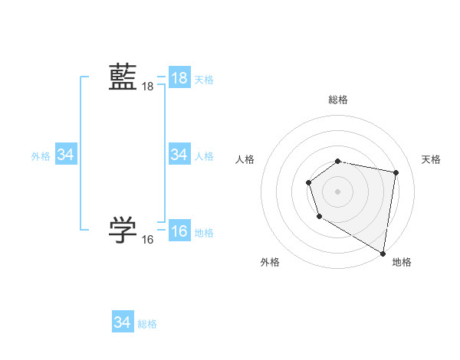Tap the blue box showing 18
tap(179, 78)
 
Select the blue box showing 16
tap(179, 231)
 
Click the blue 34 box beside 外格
tap(66, 155)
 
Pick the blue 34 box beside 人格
tap(179, 155)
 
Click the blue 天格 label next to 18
tap(204, 80)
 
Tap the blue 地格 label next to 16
tap(204, 233)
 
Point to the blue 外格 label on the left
tap(41, 156)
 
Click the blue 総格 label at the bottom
tap(147, 324)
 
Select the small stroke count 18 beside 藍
tap(148, 87)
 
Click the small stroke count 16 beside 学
tap(148, 240)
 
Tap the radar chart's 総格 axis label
tap(338, 100)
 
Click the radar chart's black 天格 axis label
tap(431, 159)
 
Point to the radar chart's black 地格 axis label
tap(402, 262)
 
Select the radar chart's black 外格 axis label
tap(270, 262)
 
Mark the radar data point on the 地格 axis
tap(383, 253)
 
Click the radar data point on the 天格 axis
tap(396, 173)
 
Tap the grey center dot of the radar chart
tap(338, 191)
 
